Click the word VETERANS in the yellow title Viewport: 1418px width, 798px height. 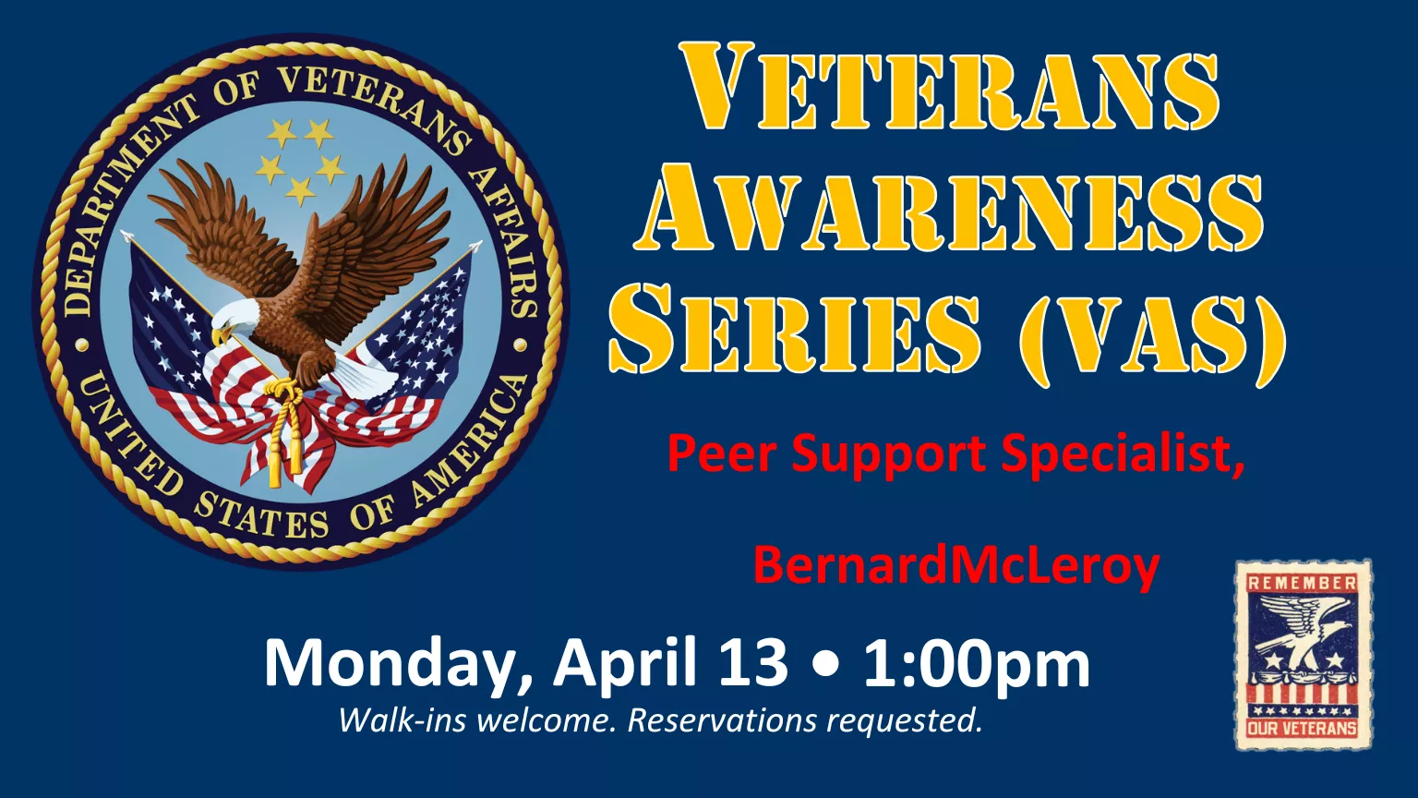coord(949,90)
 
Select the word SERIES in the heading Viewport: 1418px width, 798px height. coord(794,330)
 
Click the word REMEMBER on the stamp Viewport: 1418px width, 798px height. coord(1303,583)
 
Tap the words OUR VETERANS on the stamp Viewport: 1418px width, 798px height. coord(1303,728)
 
